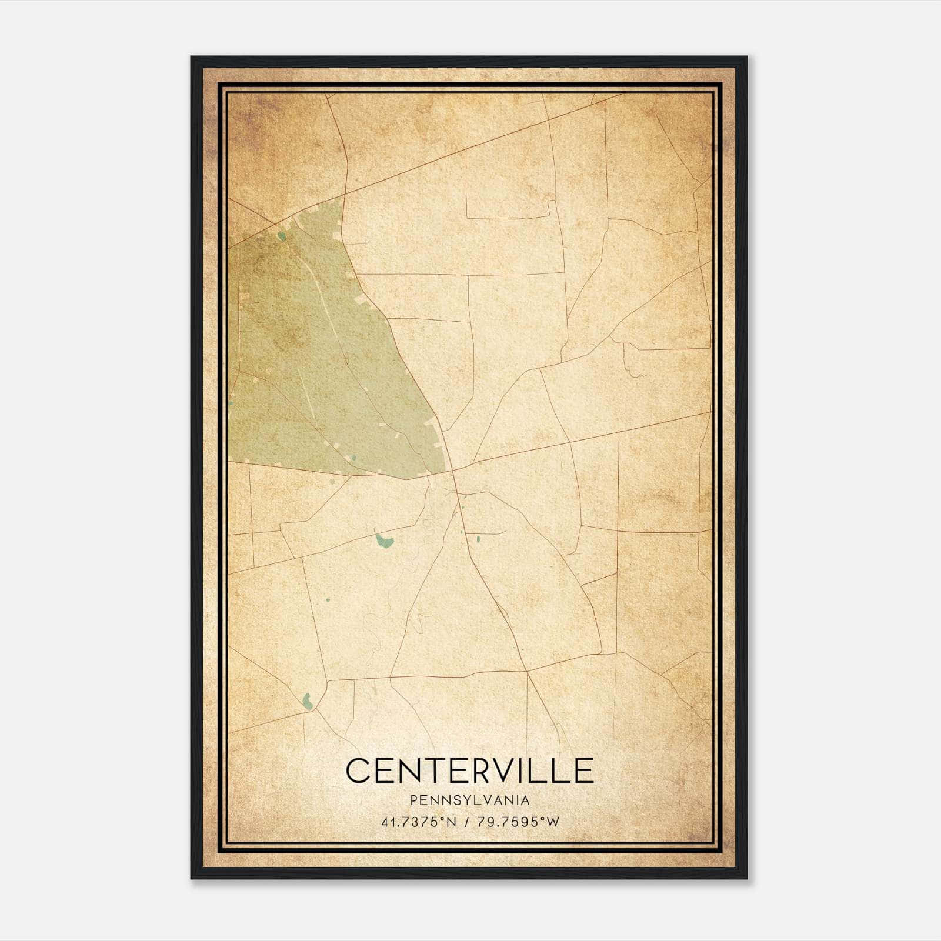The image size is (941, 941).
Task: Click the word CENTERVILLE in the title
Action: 469,770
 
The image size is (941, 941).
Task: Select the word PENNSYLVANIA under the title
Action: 470,800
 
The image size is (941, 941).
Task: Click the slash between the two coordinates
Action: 466,822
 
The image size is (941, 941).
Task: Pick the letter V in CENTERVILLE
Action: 510,770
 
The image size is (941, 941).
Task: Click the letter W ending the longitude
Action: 553,822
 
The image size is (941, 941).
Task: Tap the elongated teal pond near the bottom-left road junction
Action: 306,700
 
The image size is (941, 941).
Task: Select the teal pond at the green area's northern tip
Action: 282,236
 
